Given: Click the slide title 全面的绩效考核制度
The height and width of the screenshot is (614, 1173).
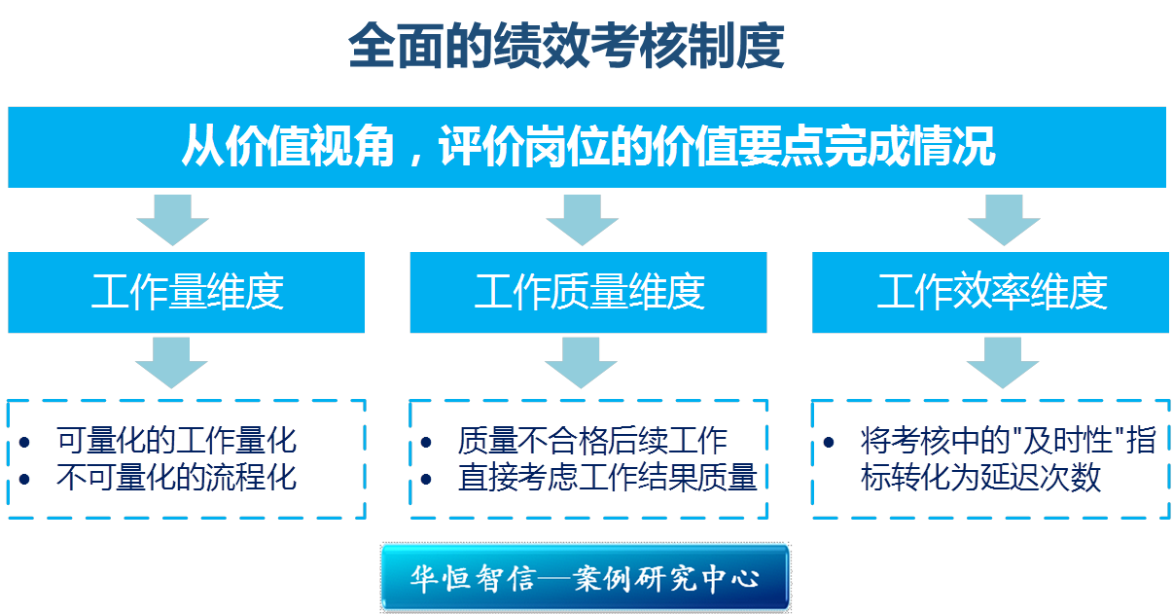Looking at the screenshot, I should tap(566, 47).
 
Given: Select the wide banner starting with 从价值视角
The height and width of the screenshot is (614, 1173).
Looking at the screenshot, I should tap(586, 147).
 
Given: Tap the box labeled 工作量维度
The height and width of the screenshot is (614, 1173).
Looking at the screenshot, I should tap(187, 292).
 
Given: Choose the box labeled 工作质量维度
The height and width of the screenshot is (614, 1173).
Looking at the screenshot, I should tap(588, 292).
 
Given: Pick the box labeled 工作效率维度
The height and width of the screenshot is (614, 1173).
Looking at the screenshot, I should tap(991, 292).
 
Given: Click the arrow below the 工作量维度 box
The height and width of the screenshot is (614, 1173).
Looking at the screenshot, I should tap(172, 363).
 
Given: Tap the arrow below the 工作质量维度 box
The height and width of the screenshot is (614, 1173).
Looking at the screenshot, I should tap(582, 363).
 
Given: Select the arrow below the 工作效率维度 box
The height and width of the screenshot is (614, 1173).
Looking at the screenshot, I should tap(1003, 363).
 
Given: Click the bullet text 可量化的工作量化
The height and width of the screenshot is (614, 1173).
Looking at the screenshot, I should tap(176, 441).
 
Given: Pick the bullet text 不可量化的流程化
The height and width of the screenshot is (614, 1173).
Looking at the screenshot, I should tap(176, 478).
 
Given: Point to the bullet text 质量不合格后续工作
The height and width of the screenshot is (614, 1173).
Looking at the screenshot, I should tap(592, 441).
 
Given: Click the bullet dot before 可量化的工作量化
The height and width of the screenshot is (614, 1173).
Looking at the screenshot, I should tap(25, 443).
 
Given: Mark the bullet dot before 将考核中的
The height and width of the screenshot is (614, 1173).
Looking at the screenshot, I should tap(829, 443).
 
